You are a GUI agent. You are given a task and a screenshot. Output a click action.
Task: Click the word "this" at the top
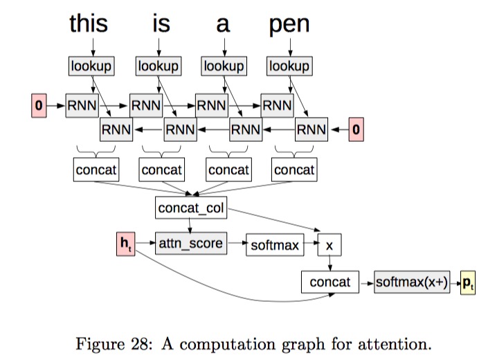(89, 24)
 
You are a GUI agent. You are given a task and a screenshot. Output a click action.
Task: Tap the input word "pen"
(289, 25)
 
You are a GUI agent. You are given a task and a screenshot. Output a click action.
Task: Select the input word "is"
(161, 24)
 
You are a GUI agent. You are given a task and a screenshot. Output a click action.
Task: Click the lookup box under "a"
(224, 66)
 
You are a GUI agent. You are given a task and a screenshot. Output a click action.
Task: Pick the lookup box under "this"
(91, 66)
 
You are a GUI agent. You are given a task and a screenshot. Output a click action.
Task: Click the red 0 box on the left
(39, 106)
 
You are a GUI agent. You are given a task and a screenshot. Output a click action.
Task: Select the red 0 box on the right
(356, 129)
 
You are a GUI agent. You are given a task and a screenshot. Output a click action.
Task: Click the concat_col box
(190, 208)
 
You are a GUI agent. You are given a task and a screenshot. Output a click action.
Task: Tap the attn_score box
(190, 244)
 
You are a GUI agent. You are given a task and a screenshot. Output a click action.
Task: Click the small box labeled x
(329, 246)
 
